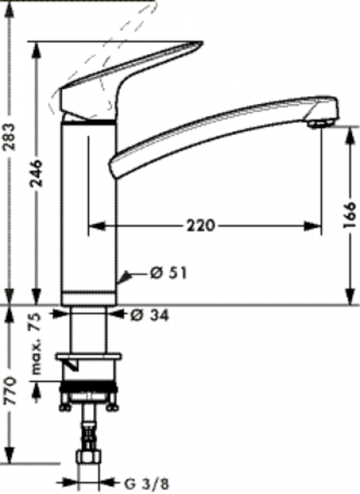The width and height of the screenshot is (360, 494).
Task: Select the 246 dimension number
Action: pyautogui.click(x=36, y=174)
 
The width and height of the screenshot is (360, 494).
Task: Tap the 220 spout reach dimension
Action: pyautogui.click(x=200, y=225)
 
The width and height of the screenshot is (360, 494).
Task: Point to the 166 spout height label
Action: pyautogui.click(x=350, y=215)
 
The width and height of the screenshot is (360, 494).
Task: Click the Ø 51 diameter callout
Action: pyautogui.click(x=168, y=272)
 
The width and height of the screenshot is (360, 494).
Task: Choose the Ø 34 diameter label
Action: pyautogui.click(x=150, y=315)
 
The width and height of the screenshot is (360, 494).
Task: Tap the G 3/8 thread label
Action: pyautogui.click(x=147, y=483)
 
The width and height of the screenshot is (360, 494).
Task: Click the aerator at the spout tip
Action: pyautogui.click(x=321, y=123)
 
